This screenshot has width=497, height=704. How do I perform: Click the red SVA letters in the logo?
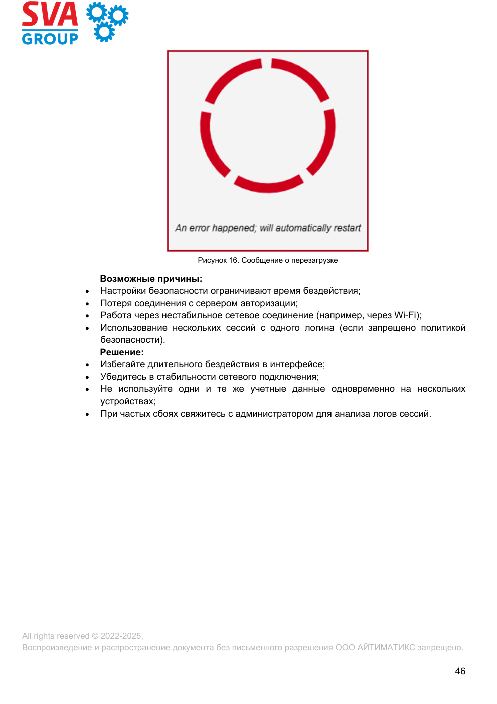[x=50, y=14]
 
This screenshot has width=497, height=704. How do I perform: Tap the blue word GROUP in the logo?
[x=50, y=39]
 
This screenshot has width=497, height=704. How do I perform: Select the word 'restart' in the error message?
[x=347, y=228]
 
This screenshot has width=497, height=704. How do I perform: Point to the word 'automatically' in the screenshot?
[x=303, y=228]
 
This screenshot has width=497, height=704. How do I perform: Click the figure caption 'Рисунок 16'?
[x=218, y=260]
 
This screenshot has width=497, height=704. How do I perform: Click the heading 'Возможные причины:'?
[x=151, y=279]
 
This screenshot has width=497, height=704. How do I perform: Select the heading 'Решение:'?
[x=122, y=352]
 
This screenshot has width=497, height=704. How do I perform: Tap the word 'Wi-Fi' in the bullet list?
[x=406, y=315]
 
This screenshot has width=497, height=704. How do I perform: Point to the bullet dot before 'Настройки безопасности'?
[x=87, y=291]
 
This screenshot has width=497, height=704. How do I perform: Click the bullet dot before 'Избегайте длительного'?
[x=87, y=365]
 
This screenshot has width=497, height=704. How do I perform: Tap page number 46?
[x=460, y=671]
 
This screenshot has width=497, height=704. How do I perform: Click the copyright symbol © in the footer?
[x=95, y=636]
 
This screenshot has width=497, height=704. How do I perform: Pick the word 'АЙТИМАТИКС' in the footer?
[x=386, y=647]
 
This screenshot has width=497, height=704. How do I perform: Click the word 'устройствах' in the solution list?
[x=127, y=401]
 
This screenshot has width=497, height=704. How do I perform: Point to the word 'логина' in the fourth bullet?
[x=319, y=328]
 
